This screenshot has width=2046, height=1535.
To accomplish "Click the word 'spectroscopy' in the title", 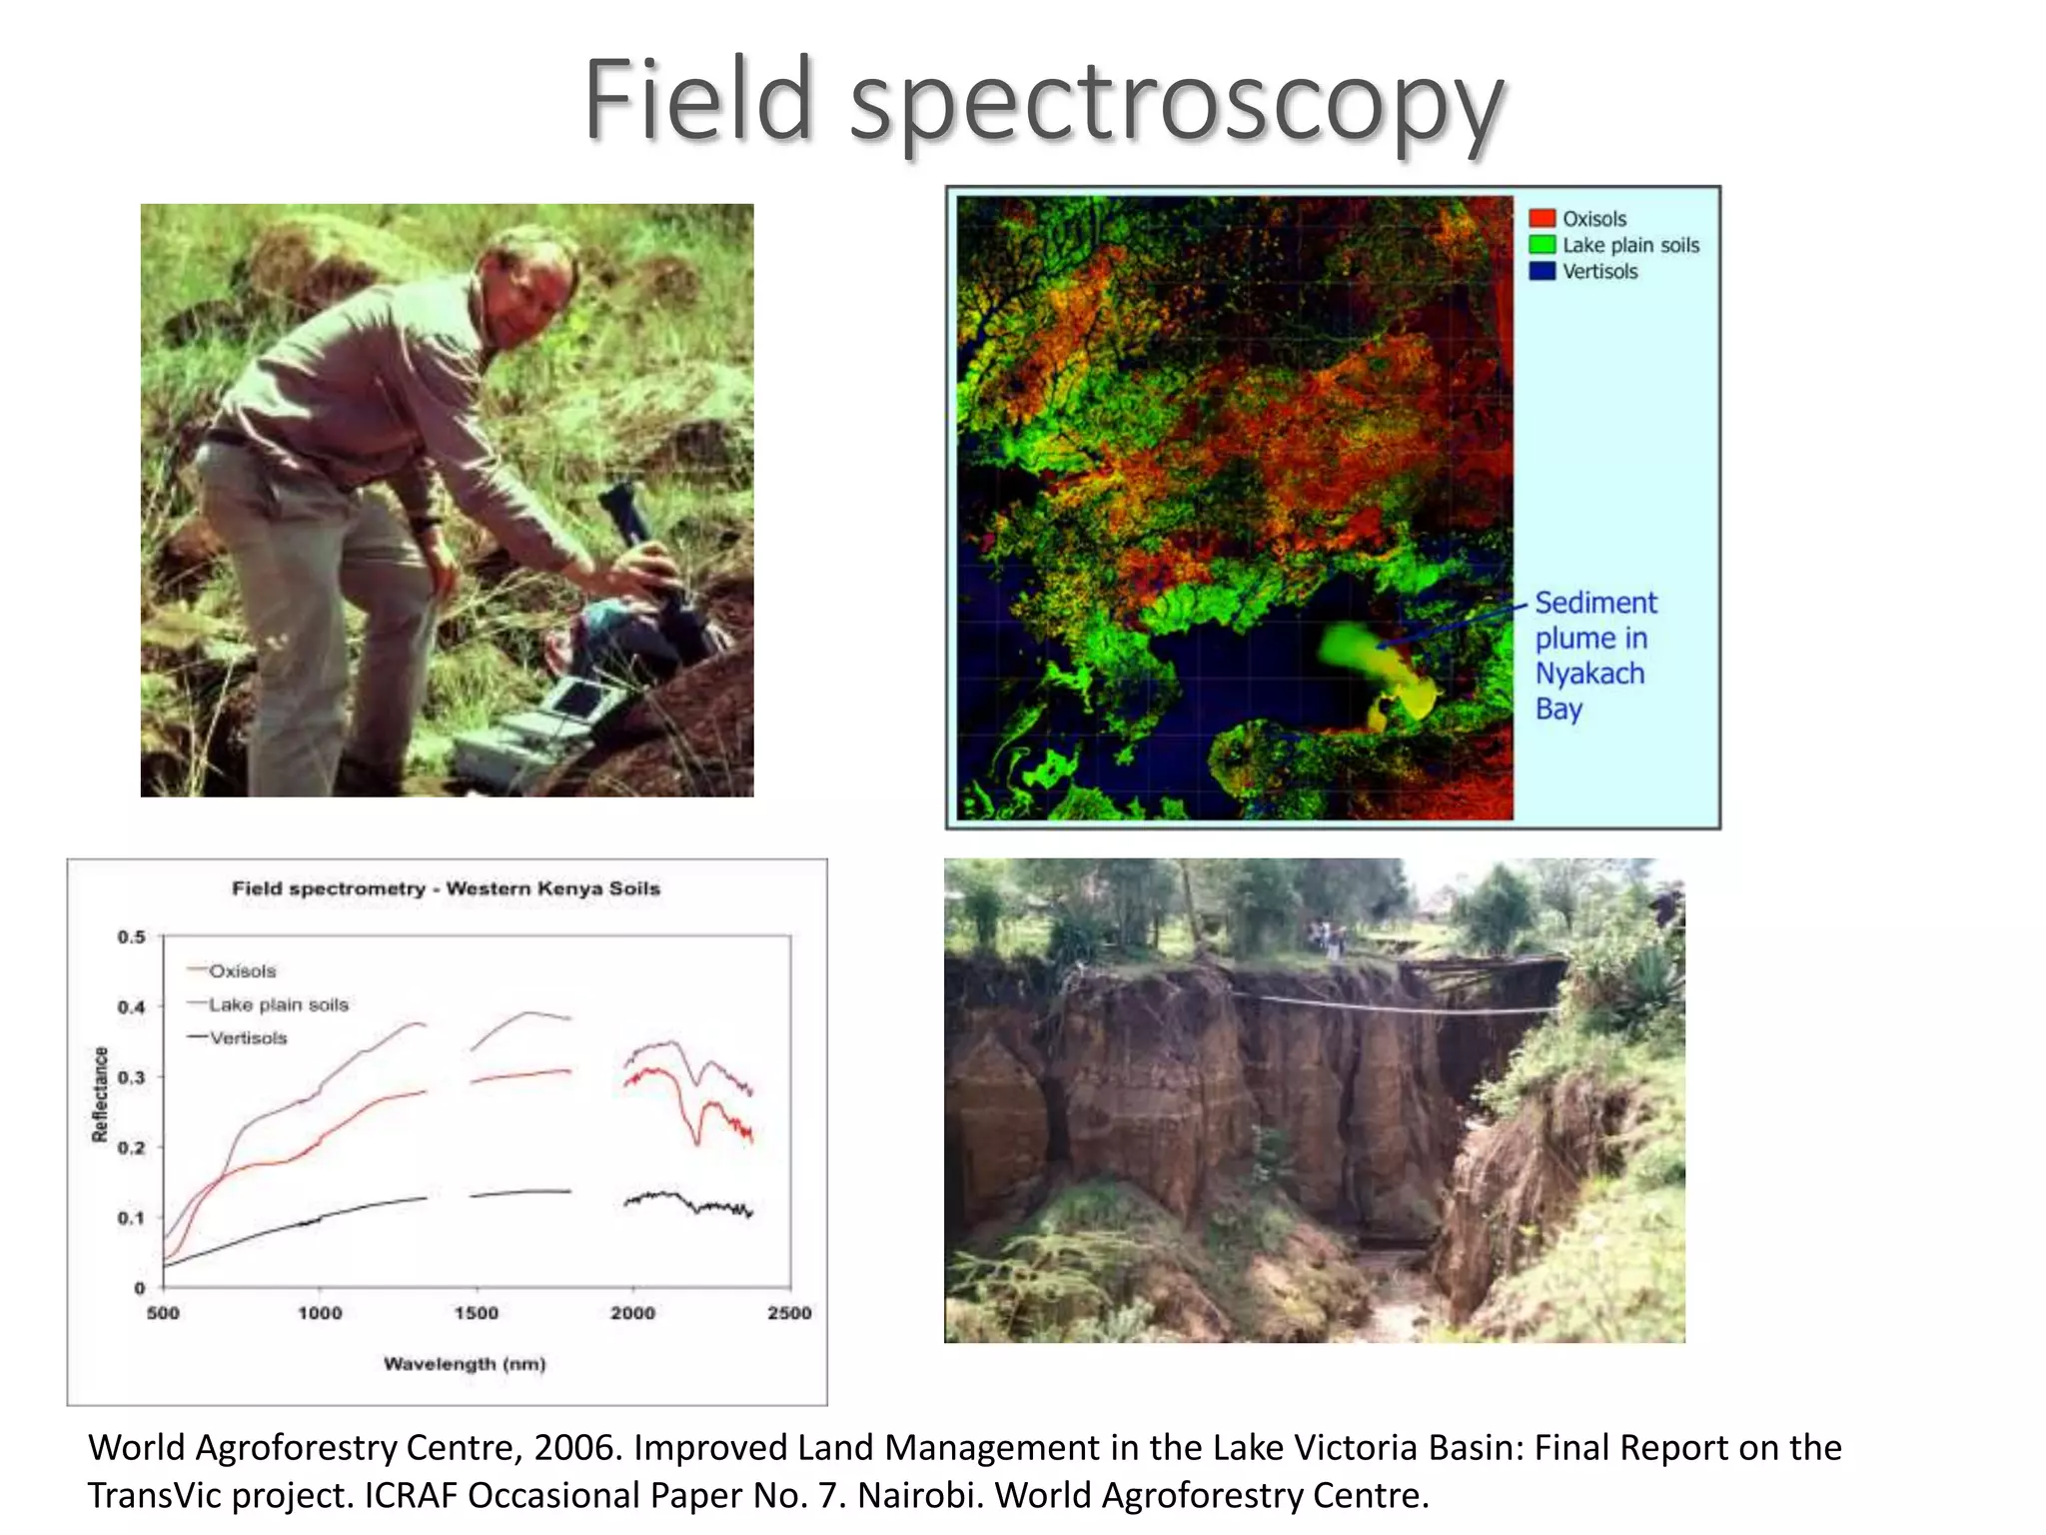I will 1176,102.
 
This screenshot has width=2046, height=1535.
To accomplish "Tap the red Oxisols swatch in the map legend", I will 1541,218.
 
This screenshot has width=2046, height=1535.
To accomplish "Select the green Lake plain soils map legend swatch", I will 1541,245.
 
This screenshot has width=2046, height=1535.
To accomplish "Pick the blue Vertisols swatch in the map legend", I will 1541,271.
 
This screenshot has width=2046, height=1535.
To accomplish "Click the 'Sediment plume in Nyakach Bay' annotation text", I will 1594,656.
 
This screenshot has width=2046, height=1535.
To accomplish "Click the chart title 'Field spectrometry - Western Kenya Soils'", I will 446,888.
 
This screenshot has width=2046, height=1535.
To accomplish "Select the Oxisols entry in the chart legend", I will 241,971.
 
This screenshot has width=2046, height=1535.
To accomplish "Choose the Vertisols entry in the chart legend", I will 247,1038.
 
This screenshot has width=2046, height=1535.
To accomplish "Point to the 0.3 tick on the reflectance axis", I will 132,1077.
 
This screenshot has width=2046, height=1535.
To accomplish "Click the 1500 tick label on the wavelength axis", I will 476,1313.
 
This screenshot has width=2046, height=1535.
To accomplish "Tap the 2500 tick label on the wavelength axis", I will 788,1313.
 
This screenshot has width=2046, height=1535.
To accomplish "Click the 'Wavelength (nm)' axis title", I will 465,1364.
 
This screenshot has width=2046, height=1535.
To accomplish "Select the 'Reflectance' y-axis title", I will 100,1093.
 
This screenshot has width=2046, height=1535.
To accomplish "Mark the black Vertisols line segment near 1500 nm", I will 519,1192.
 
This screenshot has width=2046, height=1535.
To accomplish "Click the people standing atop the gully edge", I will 1326,937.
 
